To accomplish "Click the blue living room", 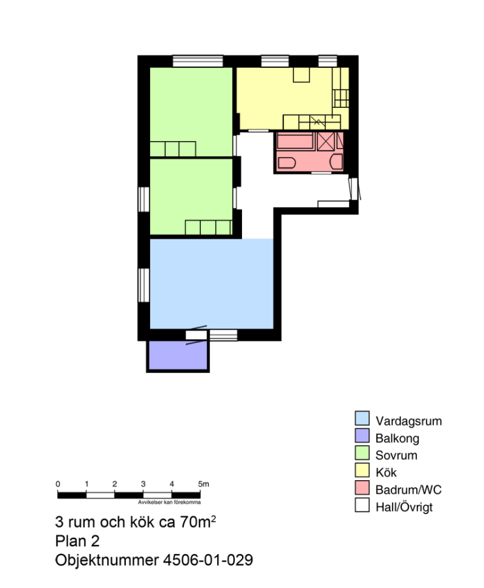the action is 211,284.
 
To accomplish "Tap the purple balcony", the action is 178,355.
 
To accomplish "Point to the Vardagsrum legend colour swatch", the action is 362,418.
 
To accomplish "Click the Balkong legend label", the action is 397,438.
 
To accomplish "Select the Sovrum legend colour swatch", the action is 362,453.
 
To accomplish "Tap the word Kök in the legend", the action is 386,472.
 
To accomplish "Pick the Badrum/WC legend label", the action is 408,489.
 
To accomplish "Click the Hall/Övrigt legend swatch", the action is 362,505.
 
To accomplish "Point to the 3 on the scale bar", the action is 143,484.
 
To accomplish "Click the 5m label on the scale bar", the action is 204,484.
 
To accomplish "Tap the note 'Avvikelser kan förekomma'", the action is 169,502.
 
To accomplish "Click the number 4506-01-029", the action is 208,560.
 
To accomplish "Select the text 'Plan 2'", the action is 77,541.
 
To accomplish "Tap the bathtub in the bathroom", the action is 295,141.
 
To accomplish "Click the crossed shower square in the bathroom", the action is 325,141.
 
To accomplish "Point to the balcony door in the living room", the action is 196,335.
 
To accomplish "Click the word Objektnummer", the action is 107,561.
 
